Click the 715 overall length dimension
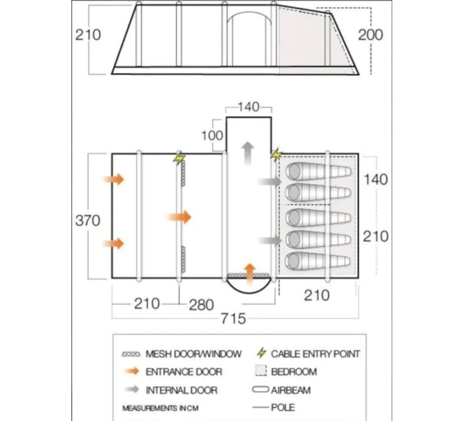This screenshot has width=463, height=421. click(233, 319)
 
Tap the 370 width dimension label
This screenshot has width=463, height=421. click(88, 221)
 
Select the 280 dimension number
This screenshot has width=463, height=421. click(201, 305)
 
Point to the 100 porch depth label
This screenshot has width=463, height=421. click(212, 136)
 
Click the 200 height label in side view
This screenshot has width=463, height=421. click(371, 35)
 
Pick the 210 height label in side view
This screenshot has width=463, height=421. click(88, 35)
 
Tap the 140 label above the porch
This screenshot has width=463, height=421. click(249, 107)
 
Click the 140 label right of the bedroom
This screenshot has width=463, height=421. click(375, 179)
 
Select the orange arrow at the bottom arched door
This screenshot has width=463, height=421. click(250, 274)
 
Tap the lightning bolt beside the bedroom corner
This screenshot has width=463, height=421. click(276, 155)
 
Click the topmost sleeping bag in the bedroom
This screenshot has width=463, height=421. click(319, 172)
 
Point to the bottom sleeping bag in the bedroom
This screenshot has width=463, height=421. click(318, 261)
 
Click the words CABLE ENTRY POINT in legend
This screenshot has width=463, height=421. click(315, 354)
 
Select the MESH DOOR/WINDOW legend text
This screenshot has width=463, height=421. click(194, 354)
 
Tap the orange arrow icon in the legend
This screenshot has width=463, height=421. click(132, 371)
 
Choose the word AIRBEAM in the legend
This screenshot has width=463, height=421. click(291, 390)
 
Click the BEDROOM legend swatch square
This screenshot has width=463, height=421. click(261, 371)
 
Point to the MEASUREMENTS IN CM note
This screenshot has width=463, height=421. click(160, 408)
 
